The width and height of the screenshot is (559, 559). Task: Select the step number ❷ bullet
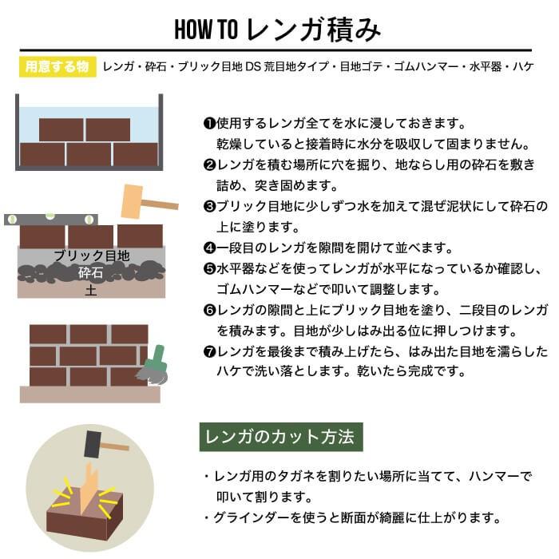209,165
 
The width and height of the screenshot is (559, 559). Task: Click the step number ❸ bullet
209,206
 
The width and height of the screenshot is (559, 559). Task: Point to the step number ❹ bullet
209,248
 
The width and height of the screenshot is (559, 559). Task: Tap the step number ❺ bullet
209,268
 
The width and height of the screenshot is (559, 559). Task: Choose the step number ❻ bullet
209,310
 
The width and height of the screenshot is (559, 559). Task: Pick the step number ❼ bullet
209,351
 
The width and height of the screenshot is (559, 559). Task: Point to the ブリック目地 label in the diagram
91,256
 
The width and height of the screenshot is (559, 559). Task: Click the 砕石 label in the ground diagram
90,273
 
